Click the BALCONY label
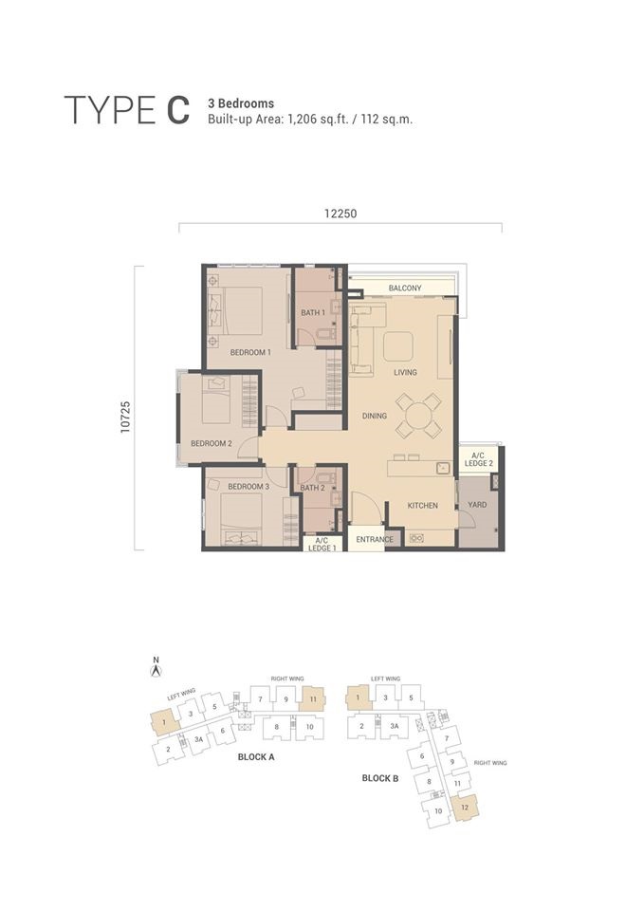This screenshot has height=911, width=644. click(x=405, y=288)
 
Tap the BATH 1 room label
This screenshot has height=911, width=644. click(x=313, y=312)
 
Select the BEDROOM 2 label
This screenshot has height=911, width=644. click(x=212, y=443)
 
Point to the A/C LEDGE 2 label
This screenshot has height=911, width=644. click(x=479, y=459)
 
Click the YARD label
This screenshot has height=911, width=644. click(x=477, y=504)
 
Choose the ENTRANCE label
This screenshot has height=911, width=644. click(x=375, y=539)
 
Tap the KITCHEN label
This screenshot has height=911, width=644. click(x=423, y=506)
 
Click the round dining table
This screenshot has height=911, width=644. click(x=418, y=416)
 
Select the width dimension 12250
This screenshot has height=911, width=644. click(x=340, y=214)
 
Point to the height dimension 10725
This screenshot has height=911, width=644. click(x=126, y=416)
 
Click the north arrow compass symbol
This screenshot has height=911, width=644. click(x=156, y=671)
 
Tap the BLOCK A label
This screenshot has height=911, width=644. click(x=256, y=757)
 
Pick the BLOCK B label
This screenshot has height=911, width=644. click(x=379, y=778)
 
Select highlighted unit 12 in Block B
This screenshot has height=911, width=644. click(x=465, y=808)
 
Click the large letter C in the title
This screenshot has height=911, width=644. click(x=178, y=110)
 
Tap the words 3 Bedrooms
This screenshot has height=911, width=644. click(x=241, y=103)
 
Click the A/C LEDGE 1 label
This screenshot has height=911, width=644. click(x=322, y=544)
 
